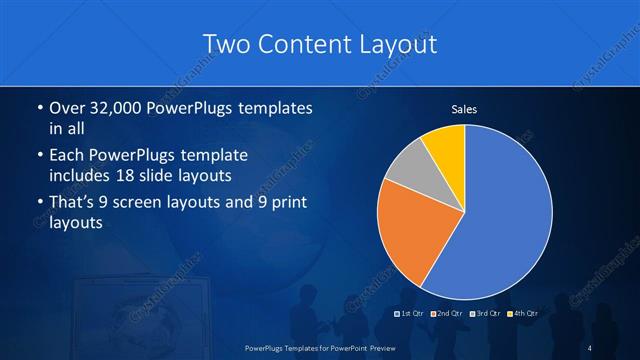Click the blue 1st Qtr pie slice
pos(500,220)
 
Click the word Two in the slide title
pos(226,44)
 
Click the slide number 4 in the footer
pos(590,347)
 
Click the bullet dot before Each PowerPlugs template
pos(39,156)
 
